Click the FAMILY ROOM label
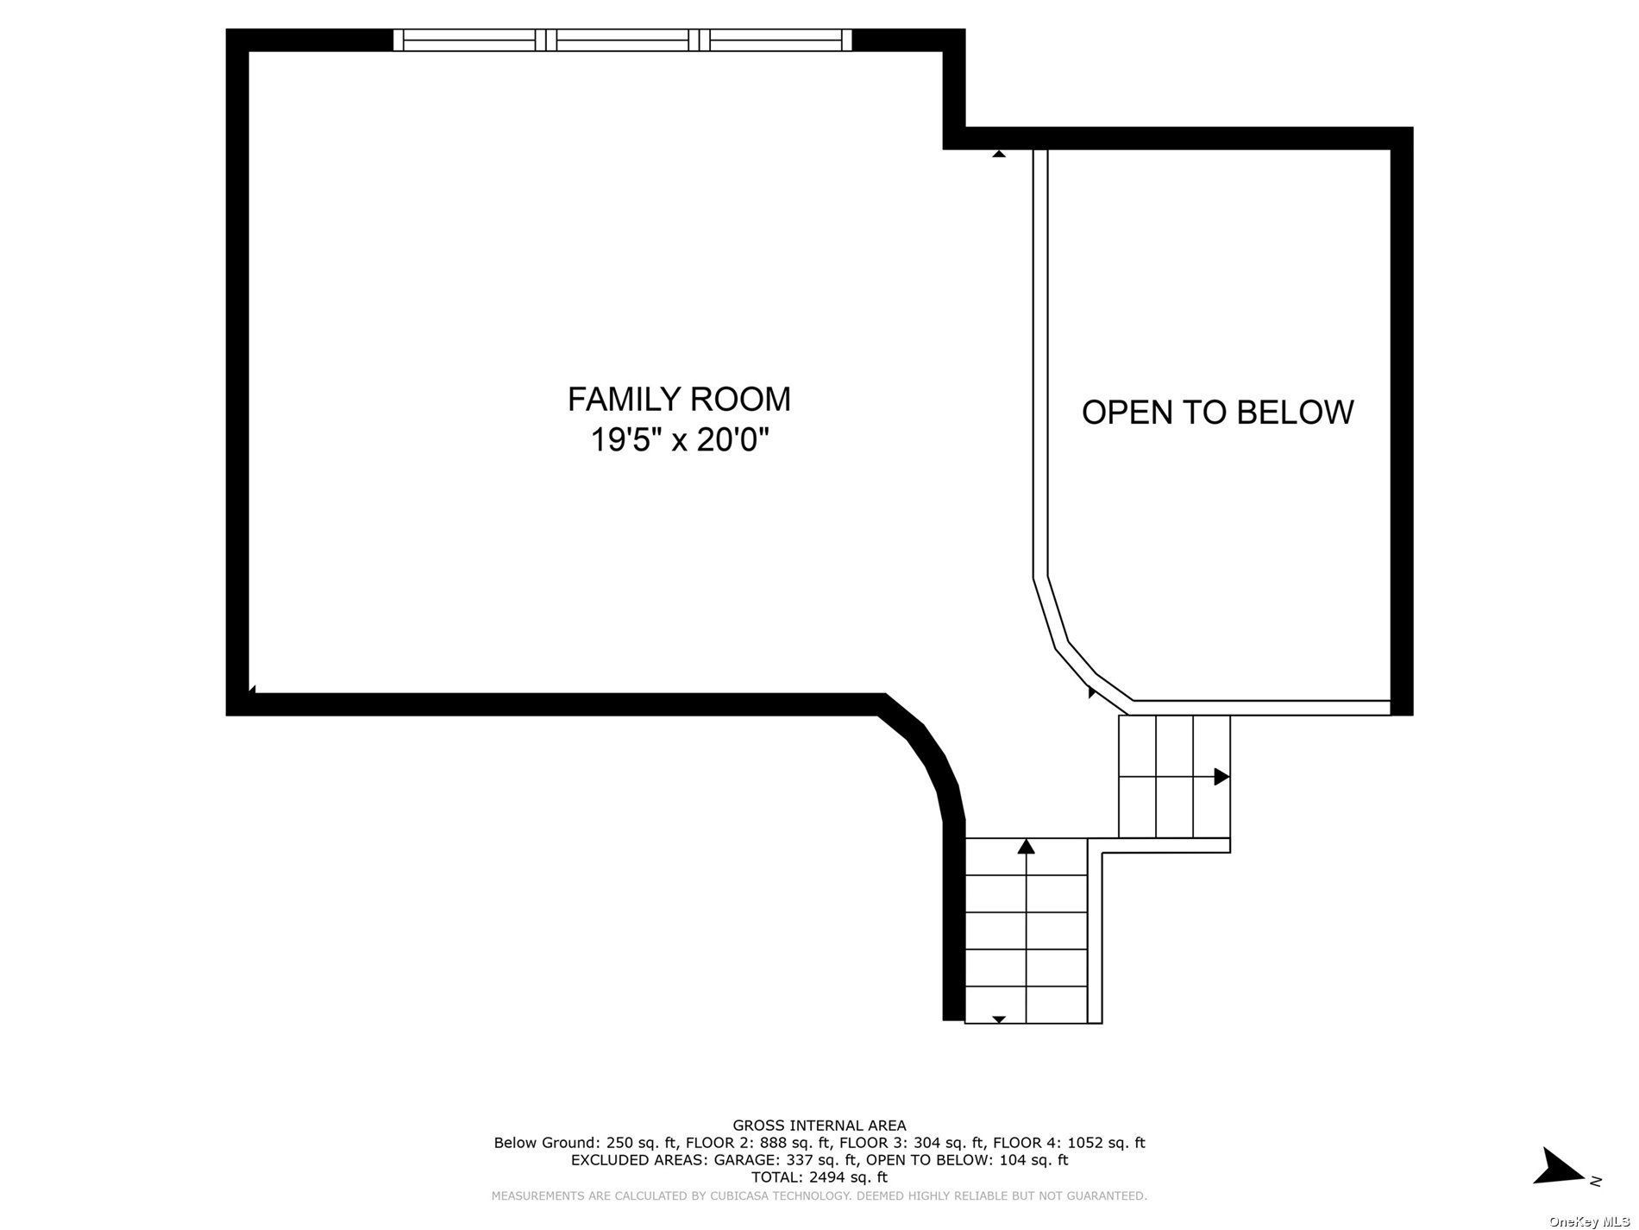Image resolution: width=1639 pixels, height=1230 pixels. [x=679, y=400]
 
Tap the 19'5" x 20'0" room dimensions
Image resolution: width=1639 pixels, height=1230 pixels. [x=679, y=441]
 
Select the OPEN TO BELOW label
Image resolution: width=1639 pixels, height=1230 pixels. [x=1217, y=412]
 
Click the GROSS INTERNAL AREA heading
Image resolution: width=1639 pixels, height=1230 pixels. [x=819, y=1125]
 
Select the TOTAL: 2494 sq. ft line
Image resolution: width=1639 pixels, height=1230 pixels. [x=819, y=1176]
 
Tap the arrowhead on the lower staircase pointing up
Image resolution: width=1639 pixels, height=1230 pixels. [x=1026, y=846]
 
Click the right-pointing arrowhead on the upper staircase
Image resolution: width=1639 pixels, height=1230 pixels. [x=1221, y=777]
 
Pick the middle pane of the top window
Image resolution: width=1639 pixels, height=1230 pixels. [x=622, y=40]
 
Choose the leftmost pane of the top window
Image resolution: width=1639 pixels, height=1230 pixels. [x=470, y=40]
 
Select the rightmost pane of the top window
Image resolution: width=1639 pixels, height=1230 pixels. [x=775, y=40]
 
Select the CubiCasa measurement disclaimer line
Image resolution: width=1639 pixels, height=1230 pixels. [x=819, y=1195]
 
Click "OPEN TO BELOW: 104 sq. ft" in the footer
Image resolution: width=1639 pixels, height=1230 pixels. [x=967, y=1159]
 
